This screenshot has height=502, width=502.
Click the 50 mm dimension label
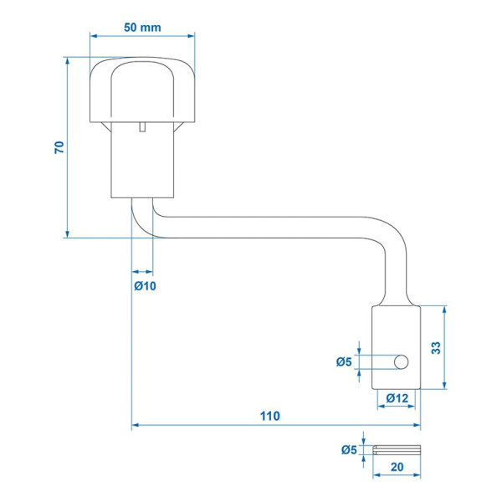pyautogui.click(x=142, y=28)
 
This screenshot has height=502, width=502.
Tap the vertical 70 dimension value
pyautogui.click(x=59, y=147)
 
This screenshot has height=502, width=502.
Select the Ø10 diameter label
pyautogui.click(x=145, y=285)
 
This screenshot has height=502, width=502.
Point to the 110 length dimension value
pyautogui.click(x=270, y=416)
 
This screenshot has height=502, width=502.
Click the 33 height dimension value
pyautogui.click(x=436, y=348)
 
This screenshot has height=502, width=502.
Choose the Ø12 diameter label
pyautogui.click(x=397, y=398)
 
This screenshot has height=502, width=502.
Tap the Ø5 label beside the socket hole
pyautogui.click(x=344, y=361)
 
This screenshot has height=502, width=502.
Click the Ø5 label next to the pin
pyautogui.click(x=349, y=450)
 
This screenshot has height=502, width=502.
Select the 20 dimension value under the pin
pyautogui.click(x=397, y=467)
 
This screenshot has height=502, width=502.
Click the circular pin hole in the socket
pyautogui.click(x=401, y=362)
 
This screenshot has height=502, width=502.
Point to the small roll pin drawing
pyautogui.click(x=397, y=450)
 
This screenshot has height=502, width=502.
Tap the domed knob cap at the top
pyautogui.click(x=142, y=90)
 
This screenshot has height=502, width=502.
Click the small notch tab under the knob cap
pyautogui.click(x=142, y=127)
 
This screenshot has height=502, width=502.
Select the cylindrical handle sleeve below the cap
pyautogui.click(x=142, y=160)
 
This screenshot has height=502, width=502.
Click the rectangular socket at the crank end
pyautogui.click(x=396, y=348)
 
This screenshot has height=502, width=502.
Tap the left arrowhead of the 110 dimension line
pyautogui.click(x=135, y=425)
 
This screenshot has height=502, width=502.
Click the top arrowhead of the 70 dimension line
pyautogui.click(x=67, y=61)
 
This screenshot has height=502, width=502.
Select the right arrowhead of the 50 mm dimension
pyautogui.click(x=191, y=36)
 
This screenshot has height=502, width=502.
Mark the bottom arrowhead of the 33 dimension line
pyautogui.click(x=444, y=386)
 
